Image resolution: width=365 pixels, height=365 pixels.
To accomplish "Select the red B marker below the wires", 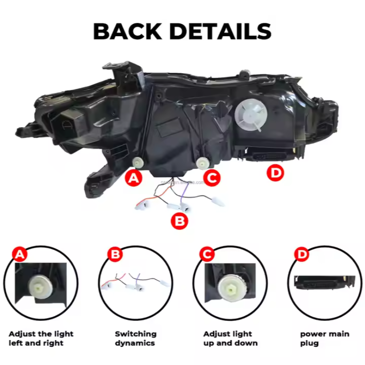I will [x=180, y=221].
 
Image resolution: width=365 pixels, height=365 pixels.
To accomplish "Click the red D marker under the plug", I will [x=275, y=173].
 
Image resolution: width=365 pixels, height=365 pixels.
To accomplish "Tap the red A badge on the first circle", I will [x=19, y=254].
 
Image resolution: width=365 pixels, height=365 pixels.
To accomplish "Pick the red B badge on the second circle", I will [x=114, y=254].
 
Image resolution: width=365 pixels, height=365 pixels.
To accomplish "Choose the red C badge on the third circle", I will [x=207, y=254].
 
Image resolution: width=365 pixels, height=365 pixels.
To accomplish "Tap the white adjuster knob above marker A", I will [x=138, y=163].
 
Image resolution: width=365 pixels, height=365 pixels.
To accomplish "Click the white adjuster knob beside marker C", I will [x=203, y=163].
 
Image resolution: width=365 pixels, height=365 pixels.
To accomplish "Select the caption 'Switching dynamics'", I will [x=136, y=338].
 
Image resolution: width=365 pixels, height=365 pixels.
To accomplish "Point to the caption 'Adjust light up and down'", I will [x=230, y=338].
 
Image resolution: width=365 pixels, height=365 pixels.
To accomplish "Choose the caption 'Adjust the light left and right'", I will [x=41, y=338].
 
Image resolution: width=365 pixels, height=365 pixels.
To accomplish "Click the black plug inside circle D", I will [x=321, y=282].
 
